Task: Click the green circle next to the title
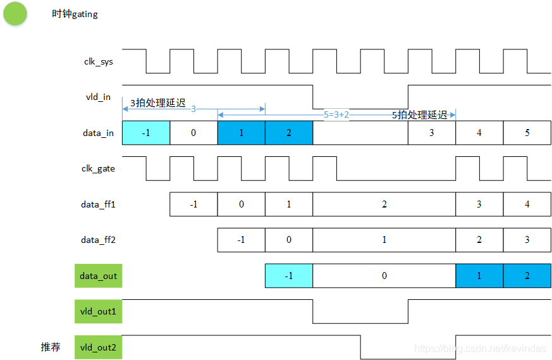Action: pyautogui.click(x=15, y=14)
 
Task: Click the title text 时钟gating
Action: pyautogui.click(x=75, y=14)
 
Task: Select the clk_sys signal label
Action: pyautogui.click(x=98, y=61)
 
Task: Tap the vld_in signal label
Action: pyautogui.click(x=98, y=97)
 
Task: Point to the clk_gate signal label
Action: pyautogui.click(x=98, y=168)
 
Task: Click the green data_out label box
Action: pyautogui.click(x=98, y=276)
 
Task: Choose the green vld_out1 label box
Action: pyautogui.click(x=98, y=311)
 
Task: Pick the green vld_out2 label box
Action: pyautogui.click(x=98, y=347)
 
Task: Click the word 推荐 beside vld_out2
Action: pyautogui.click(x=51, y=347)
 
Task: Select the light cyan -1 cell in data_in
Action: pyautogui.click(x=146, y=133)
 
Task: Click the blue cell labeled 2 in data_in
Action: pyautogui.click(x=289, y=133)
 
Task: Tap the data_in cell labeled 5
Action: pyautogui.click(x=527, y=133)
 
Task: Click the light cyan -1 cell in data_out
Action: pyautogui.click(x=289, y=276)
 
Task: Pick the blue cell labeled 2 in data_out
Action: pyautogui.click(x=527, y=276)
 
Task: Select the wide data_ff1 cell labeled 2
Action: pyautogui.click(x=384, y=204)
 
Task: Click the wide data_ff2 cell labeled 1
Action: pyautogui.click(x=384, y=240)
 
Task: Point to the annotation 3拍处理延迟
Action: pyautogui.click(x=158, y=103)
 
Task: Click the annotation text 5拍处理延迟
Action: pyautogui.click(x=420, y=115)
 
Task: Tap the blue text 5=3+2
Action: pyautogui.click(x=336, y=115)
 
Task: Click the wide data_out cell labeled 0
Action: pyautogui.click(x=384, y=276)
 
